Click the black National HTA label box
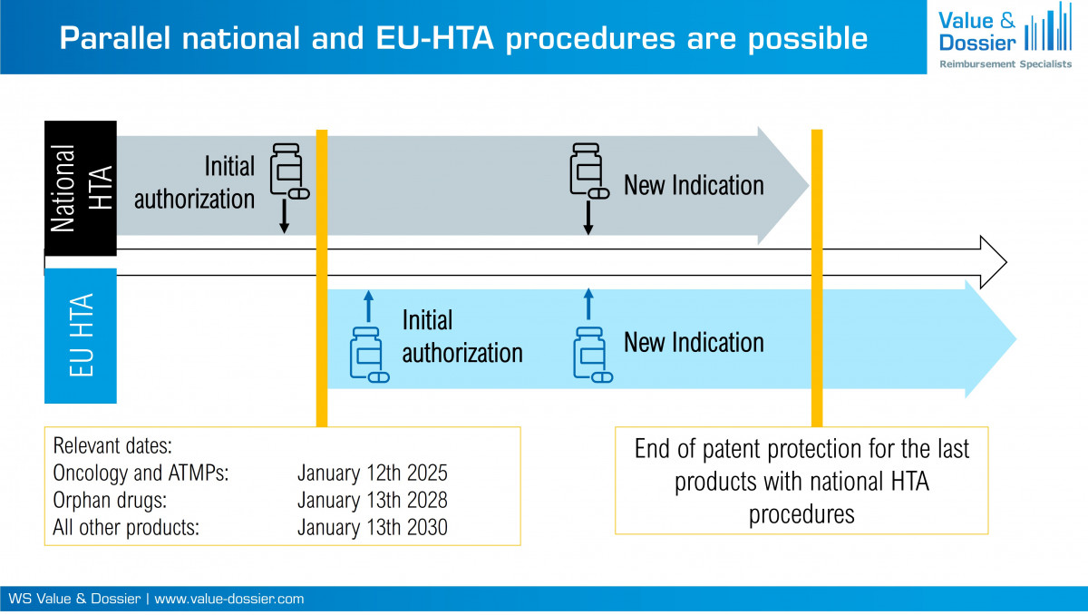coord(81,188)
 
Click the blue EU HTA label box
coord(81,336)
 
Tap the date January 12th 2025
coord(372,473)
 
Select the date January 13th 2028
coord(372,501)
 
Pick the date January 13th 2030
coord(372,527)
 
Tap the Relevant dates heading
coord(112,447)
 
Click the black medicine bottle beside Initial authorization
coord(288,170)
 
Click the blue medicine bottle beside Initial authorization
coord(368,354)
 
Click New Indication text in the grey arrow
coord(694,186)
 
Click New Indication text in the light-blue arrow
coord(694,343)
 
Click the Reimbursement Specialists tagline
coord(1005,63)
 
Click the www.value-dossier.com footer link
coord(229,600)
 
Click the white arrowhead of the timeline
coord(993,261)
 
